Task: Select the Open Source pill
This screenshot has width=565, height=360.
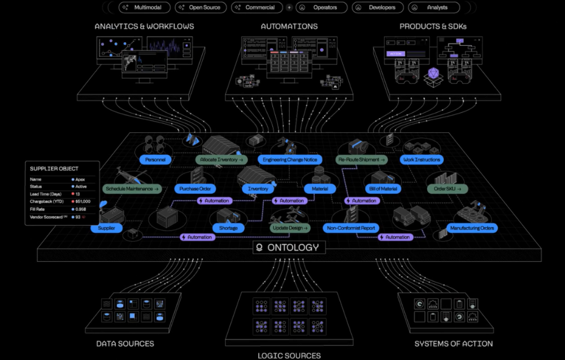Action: click(201, 8)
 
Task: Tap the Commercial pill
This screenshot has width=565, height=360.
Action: click(257, 8)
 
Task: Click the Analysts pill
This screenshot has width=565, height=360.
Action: click(434, 8)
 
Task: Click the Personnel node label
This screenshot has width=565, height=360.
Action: click(155, 160)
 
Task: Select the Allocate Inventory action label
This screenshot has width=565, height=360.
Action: click(220, 160)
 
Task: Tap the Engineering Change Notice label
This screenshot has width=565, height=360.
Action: click(289, 160)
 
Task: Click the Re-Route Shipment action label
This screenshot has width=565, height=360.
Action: click(362, 160)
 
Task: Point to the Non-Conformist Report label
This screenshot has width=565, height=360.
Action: click(352, 228)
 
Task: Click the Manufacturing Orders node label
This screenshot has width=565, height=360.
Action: click(472, 228)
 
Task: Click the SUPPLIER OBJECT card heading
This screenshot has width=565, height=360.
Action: click(54, 168)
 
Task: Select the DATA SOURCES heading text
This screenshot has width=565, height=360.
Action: click(125, 344)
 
